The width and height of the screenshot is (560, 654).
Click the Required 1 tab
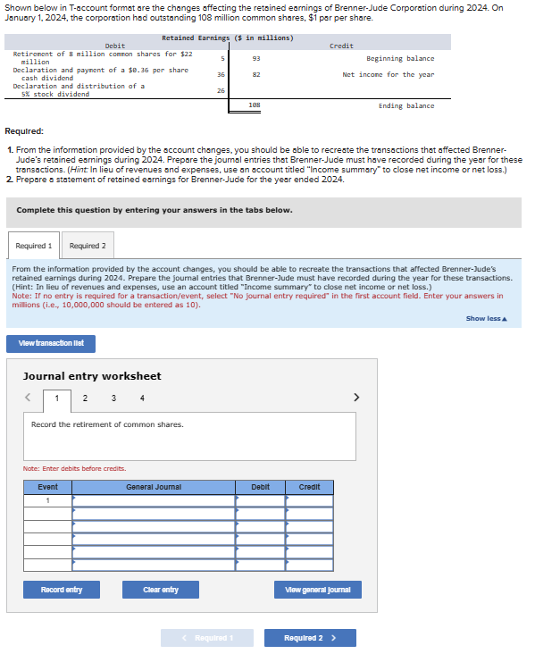click(x=34, y=246)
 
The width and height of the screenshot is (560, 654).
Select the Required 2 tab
click(x=88, y=246)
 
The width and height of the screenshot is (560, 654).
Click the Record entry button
click(x=62, y=590)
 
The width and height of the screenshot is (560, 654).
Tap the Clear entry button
click(x=161, y=590)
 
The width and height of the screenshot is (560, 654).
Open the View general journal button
click(x=317, y=590)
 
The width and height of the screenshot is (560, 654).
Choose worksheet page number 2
click(x=85, y=398)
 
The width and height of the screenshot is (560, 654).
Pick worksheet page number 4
click(x=142, y=398)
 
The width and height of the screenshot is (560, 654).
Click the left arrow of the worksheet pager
click(x=29, y=398)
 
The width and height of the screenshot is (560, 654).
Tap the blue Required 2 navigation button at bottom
click(x=310, y=638)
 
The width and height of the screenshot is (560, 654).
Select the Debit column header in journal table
click(x=261, y=487)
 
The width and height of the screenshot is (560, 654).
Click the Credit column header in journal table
click(x=309, y=487)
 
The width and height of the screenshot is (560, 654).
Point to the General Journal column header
click(x=154, y=487)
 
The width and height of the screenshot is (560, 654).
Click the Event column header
click(x=48, y=487)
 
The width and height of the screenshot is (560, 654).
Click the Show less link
click(x=485, y=319)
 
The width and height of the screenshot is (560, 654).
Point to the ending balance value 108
click(x=255, y=105)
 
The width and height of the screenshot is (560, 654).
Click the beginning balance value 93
click(x=256, y=58)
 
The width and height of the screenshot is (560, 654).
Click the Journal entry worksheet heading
click(x=92, y=376)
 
